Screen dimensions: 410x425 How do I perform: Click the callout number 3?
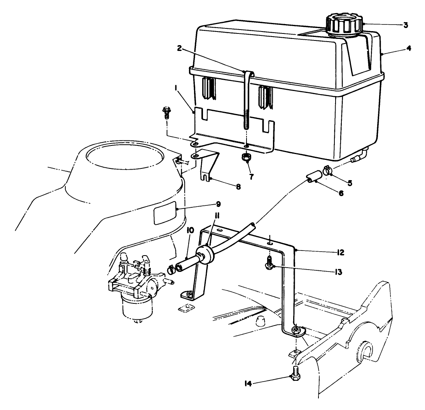(x=405, y=25)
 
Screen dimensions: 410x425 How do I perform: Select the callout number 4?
(x=408, y=49)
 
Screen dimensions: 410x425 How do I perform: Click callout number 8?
(x=238, y=187)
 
